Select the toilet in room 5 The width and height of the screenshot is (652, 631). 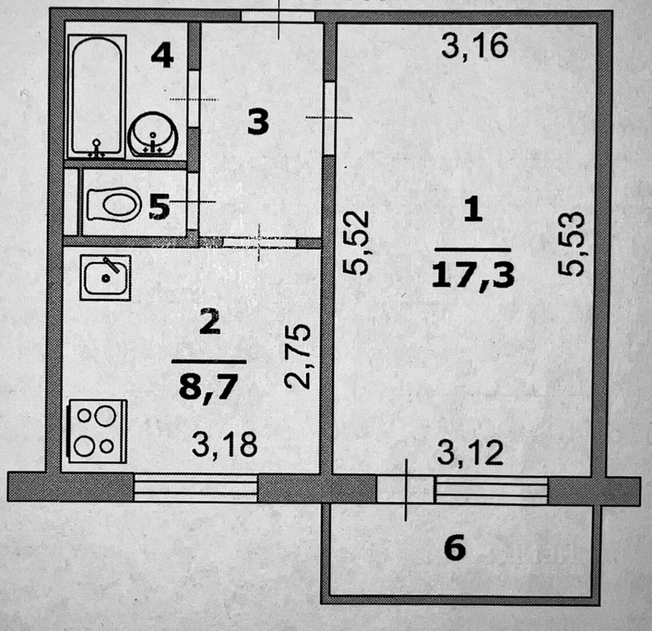[114, 204]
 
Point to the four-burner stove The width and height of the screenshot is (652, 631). [96, 431]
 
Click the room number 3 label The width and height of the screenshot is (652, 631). [258, 123]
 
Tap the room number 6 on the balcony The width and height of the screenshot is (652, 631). [455, 549]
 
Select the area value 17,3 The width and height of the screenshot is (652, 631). [473, 275]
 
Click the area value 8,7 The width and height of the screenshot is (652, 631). [209, 386]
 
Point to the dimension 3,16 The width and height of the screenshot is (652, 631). [474, 46]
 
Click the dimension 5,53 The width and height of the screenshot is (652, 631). [569, 245]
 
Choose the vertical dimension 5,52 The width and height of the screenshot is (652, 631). [356, 244]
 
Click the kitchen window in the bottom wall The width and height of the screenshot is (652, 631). [196, 488]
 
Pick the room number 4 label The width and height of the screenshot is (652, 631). [162, 56]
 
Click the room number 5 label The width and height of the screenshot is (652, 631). [159, 207]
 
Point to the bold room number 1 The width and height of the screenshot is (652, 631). [473, 211]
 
